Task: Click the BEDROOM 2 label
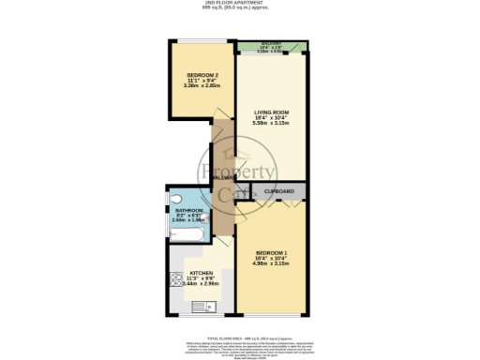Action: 202,75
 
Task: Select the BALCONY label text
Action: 272,43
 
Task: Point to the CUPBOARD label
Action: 279,192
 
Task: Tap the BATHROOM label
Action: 188,210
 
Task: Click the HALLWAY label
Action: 222,177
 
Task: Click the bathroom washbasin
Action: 206,217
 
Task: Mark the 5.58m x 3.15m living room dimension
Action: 272,124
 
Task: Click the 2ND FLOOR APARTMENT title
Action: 240,3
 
